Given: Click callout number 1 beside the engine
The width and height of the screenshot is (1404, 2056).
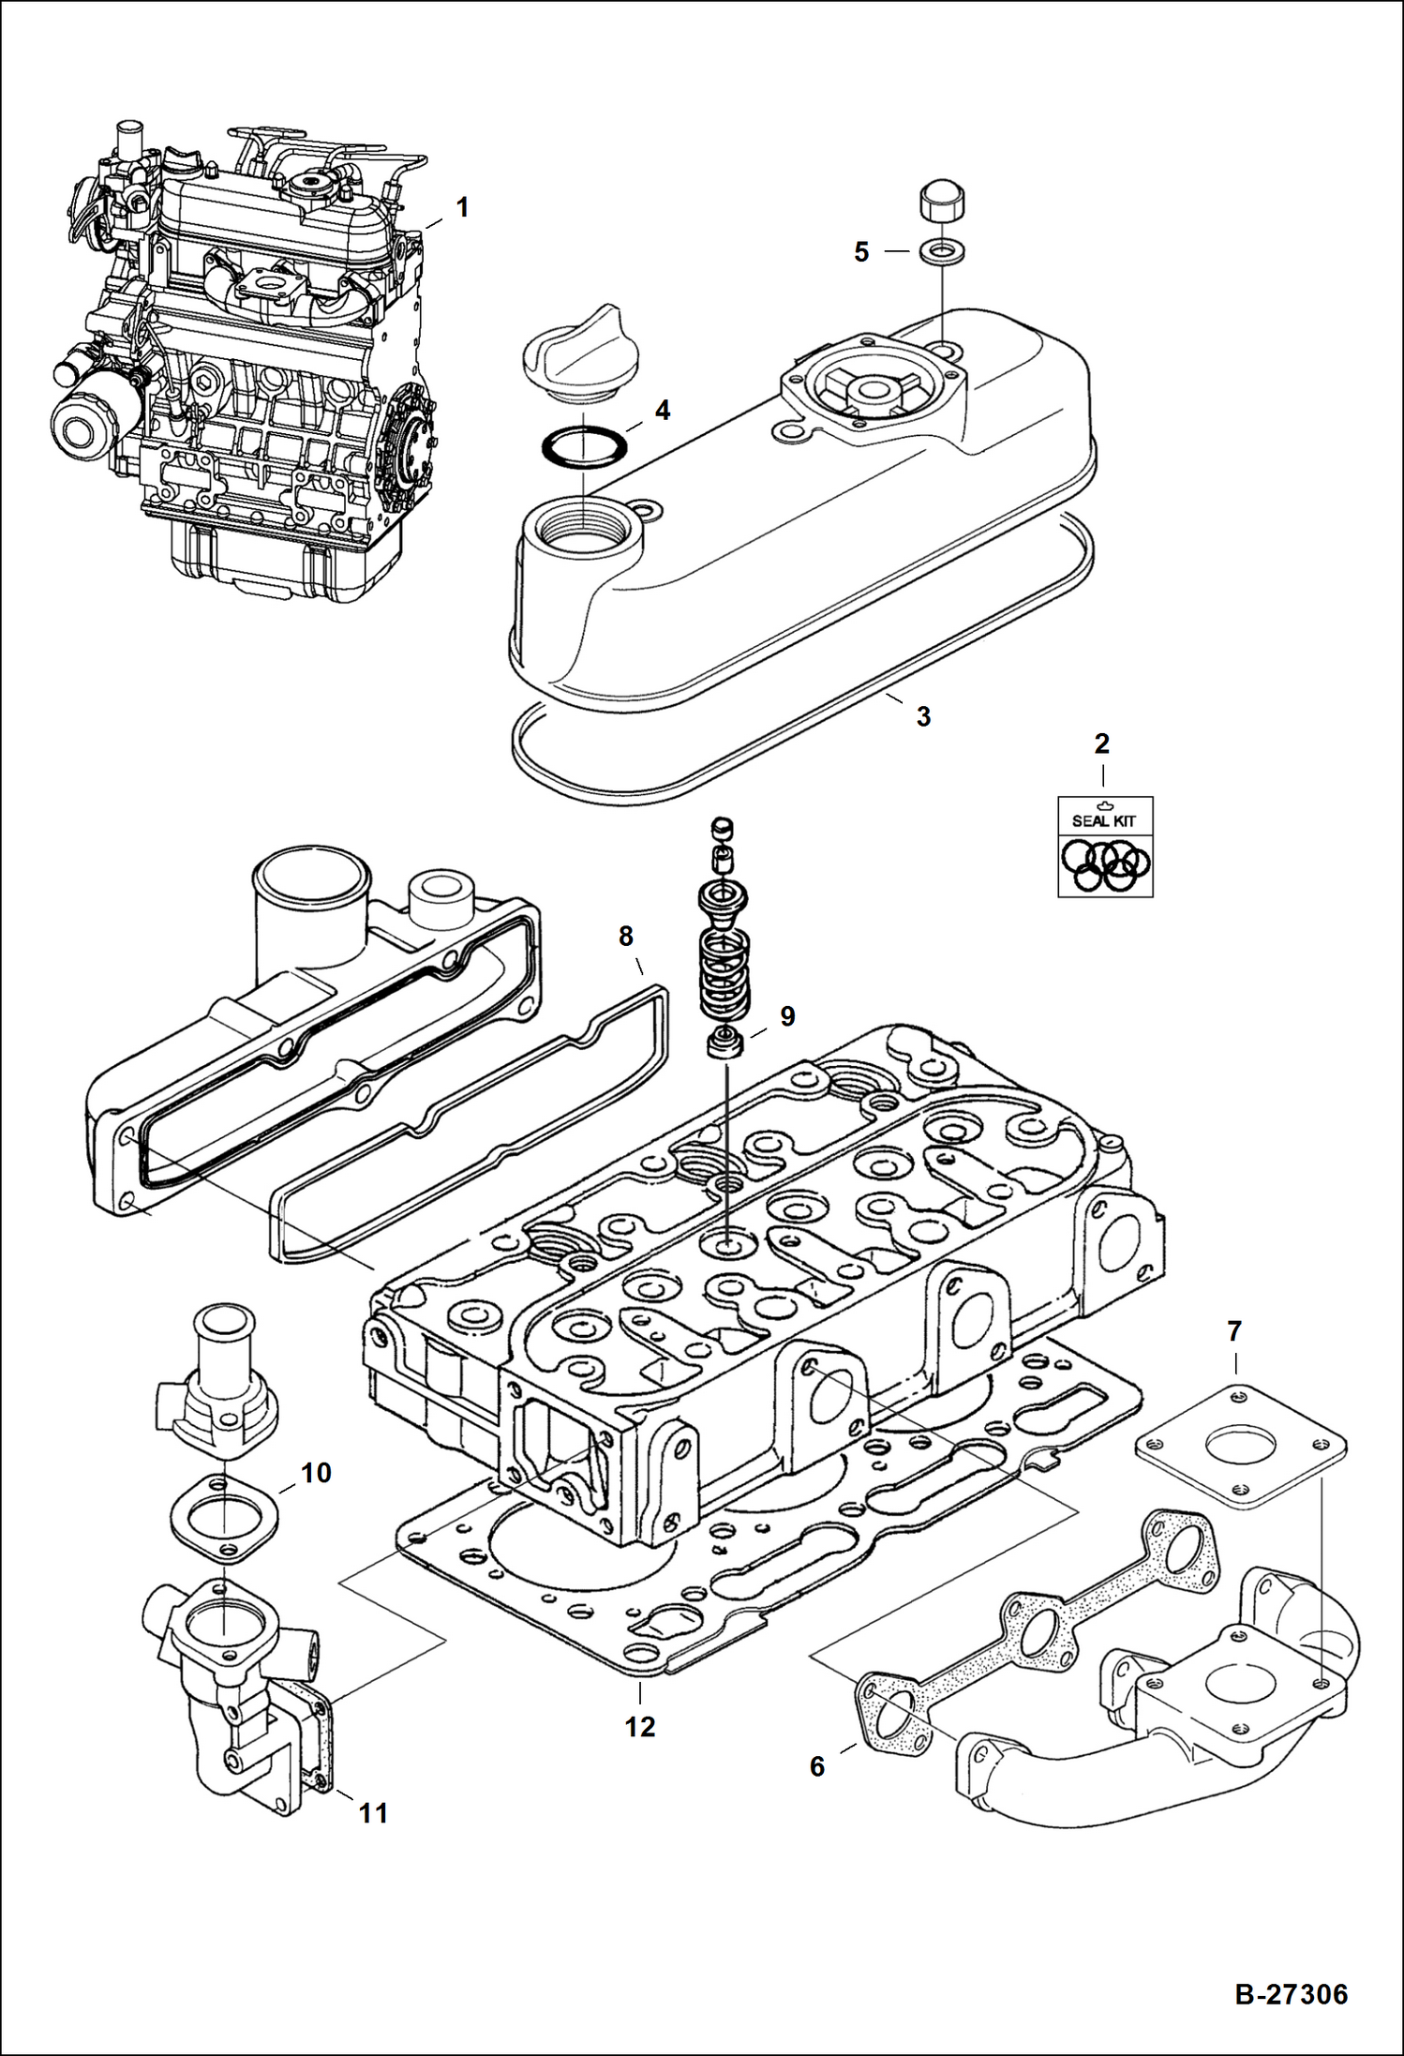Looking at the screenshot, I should (461, 207).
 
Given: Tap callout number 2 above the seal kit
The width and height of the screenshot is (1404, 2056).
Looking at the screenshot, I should (1102, 743).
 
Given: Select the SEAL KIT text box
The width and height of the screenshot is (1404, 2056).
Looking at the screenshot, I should (1105, 847).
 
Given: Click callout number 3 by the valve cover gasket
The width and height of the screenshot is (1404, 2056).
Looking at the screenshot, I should (923, 717).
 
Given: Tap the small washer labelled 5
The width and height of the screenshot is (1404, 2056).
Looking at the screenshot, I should (940, 252).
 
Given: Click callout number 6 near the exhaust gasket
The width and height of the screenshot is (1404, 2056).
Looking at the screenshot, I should (817, 1766).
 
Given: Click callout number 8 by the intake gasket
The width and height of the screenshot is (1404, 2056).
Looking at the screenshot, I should (626, 936).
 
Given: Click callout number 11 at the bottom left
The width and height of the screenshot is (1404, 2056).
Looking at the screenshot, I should (374, 1813).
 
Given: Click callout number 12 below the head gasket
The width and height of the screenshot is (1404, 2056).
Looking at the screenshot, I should (640, 1726).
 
